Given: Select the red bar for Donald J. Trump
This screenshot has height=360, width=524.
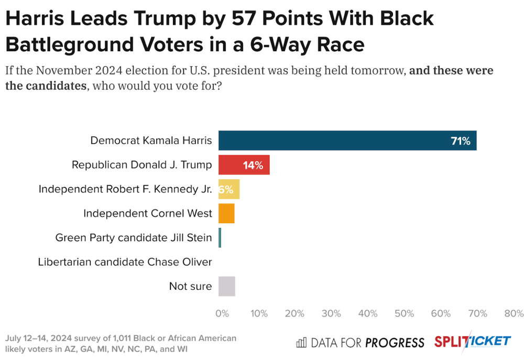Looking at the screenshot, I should pos(244,165).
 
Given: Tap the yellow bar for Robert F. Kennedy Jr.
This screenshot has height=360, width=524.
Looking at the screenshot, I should pos(229,189).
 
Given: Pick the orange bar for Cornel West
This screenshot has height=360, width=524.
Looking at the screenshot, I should pos(226,213).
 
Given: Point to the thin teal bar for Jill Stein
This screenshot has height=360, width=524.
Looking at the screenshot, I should pos(220,238).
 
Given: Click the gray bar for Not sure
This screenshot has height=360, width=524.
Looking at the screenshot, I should pos(227,286).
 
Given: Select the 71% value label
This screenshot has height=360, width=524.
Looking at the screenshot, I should pos(461,141).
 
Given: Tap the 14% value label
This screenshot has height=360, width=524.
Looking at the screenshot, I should pos(253,166).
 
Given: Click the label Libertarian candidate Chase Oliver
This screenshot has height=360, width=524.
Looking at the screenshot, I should pos(125,262).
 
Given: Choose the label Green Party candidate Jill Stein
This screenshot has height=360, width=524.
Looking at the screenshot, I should pos(134,238).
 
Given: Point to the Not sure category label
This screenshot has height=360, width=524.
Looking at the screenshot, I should pos(190,286).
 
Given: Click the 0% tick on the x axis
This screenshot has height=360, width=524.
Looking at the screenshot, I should pos(222,313).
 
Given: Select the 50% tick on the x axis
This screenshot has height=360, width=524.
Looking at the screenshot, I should pos(405,313).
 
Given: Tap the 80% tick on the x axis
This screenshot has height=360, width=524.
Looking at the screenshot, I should pos(514,313).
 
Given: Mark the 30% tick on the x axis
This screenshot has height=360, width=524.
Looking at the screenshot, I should pos(332,313).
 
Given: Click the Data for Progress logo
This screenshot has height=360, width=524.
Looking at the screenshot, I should pos(360,343).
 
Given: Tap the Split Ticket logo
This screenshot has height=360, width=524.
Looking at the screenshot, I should pos(472,342).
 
